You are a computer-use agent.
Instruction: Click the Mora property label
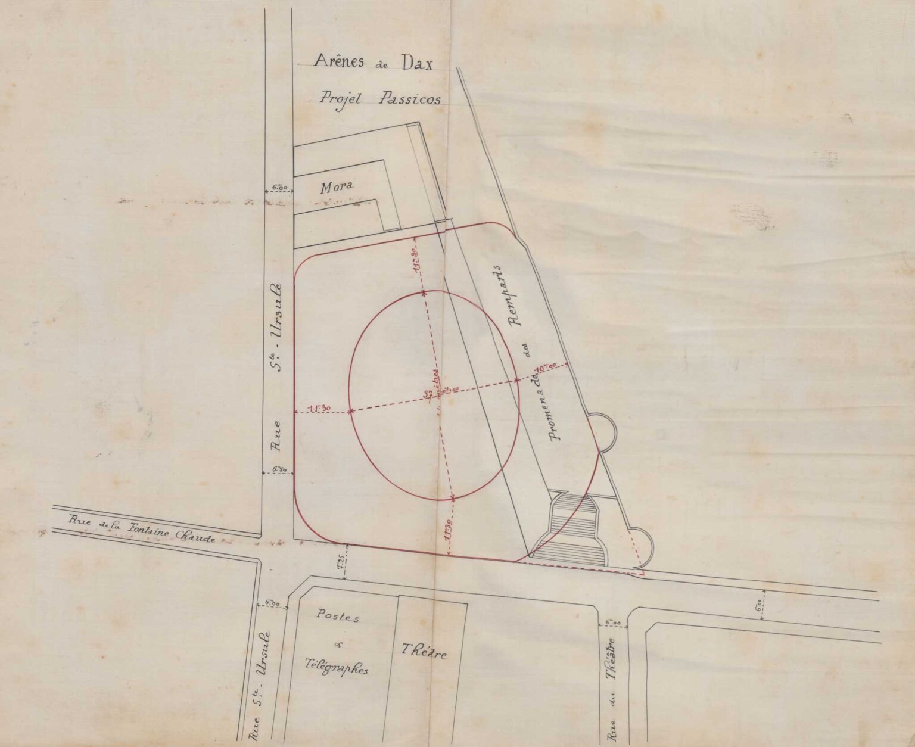[x=337, y=187]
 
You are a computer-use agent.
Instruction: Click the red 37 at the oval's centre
[x=428, y=394]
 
